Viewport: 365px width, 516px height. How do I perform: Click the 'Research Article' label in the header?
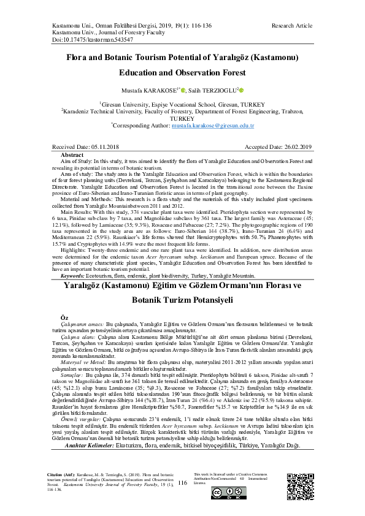(x=291, y=26)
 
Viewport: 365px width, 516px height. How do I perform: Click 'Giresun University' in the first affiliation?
(x=125, y=104)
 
